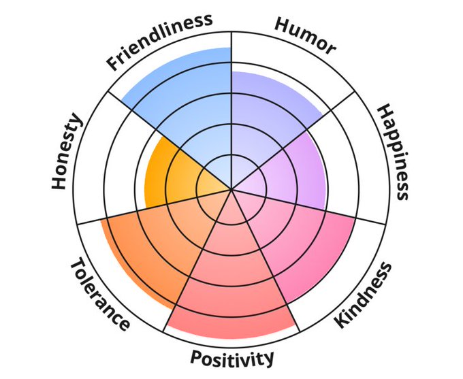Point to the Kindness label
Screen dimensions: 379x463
(x=365, y=295)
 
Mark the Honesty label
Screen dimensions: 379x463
(x=67, y=152)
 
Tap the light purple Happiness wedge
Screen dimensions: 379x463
(x=293, y=170)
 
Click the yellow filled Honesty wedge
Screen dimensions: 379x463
(x=170, y=174)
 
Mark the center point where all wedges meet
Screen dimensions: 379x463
(x=231, y=190)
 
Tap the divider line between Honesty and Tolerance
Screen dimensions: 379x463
(x=116, y=216)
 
